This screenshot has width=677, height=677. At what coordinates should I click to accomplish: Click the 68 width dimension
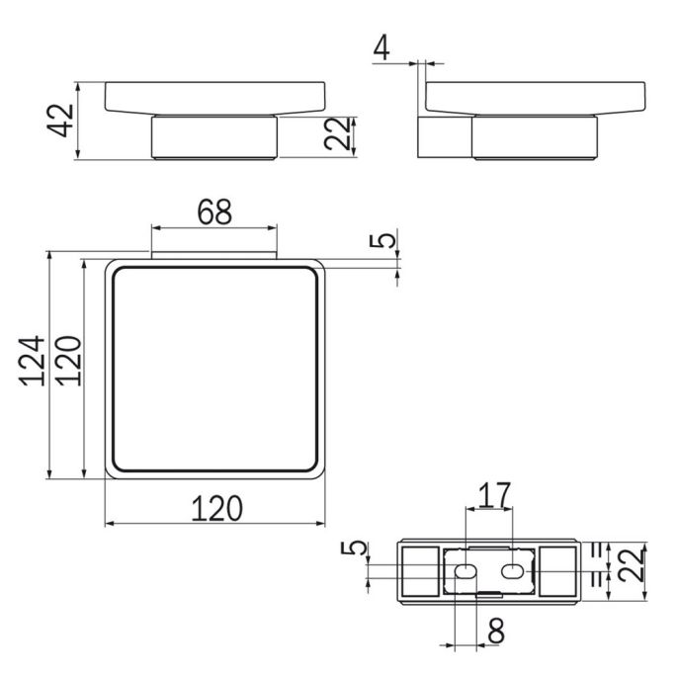point(213,212)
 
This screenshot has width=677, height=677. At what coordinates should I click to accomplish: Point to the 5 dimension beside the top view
point(388,239)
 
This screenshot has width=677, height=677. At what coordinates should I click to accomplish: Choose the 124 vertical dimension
point(33,367)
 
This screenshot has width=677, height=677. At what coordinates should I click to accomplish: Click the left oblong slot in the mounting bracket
point(464,571)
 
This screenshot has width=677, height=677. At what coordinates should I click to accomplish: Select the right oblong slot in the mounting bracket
point(513,571)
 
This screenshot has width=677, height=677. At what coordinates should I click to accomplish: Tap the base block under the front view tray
point(213,138)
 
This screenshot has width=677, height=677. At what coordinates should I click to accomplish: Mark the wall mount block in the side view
point(446,137)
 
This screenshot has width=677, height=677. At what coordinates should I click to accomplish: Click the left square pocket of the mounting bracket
point(421,571)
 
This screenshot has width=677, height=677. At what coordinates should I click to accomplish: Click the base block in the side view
point(535,138)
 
